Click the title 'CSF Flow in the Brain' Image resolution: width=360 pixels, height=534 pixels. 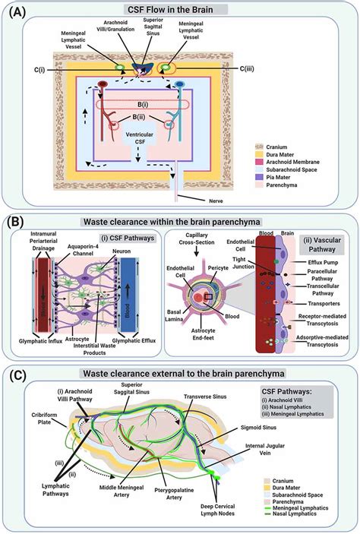[x=180, y=9]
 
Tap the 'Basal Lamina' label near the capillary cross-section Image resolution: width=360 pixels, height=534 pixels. [x=158, y=312]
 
